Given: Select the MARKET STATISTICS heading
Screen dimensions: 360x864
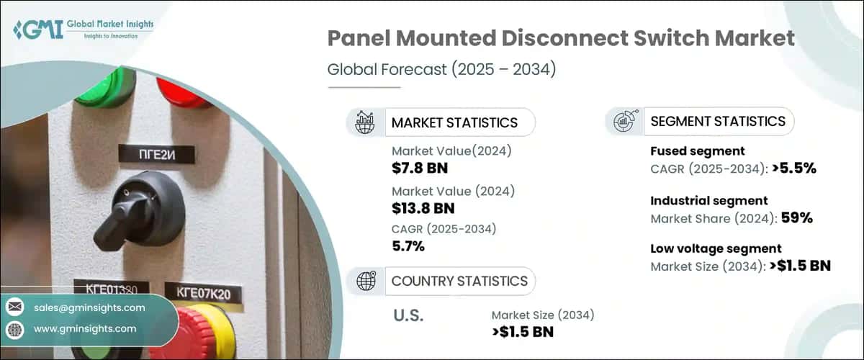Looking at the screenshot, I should pos(454,122).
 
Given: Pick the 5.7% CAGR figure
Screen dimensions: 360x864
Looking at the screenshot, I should pos(408,247).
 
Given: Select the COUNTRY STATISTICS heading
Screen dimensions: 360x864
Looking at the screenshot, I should pos(459,281).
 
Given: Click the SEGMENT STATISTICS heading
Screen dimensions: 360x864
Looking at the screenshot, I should pos(717,121).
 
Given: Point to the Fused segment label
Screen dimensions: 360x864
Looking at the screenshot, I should pos(697,151).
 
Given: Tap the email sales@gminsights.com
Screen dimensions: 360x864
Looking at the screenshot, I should pos(89,307).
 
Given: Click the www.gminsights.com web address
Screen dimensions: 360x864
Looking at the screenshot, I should pos(84,329).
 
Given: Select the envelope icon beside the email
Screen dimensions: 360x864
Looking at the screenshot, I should pos(15,307).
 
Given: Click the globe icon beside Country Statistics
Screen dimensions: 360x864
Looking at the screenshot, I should pos(365,281).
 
